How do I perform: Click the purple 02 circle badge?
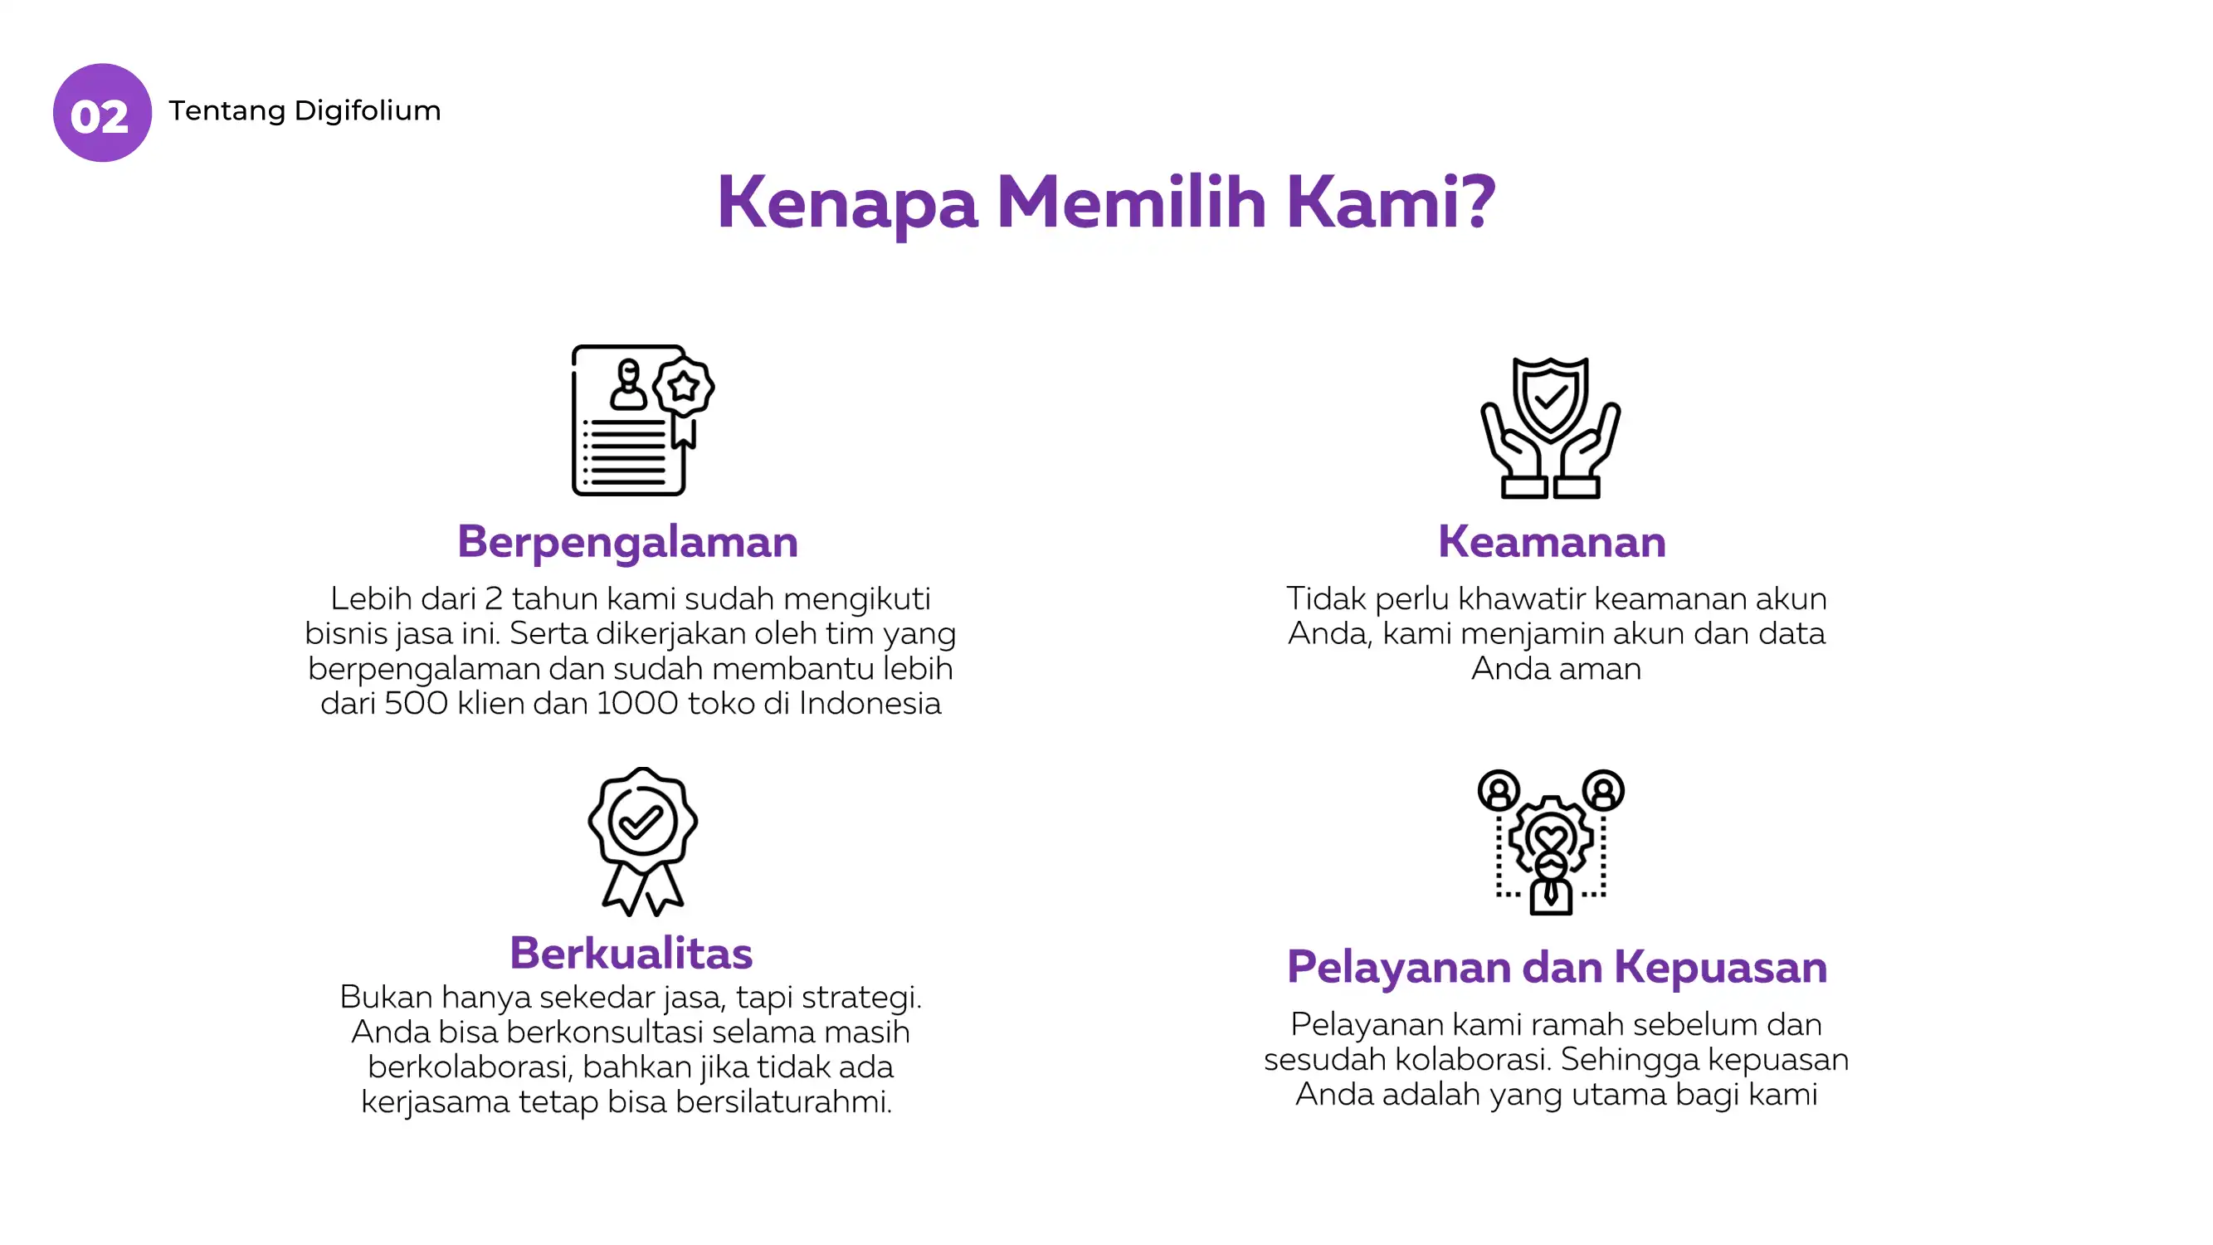click(x=102, y=113)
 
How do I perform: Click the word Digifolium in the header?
click(x=367, y=111)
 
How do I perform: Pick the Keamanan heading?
click(x=1552, y=541)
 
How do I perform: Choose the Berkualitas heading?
click(x=631, y=952)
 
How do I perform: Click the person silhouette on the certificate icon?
click(x=629, y=384)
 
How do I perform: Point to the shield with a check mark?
click(x=1551, y=398)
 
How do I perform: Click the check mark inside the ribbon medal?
click(x=641, y=823)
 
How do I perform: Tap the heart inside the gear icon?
click(x=1552, y=837)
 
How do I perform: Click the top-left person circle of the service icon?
click(x=1499, y=789)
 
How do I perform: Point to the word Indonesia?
click(x=870, y=704)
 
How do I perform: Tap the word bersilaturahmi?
click(x=783, y=1101)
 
